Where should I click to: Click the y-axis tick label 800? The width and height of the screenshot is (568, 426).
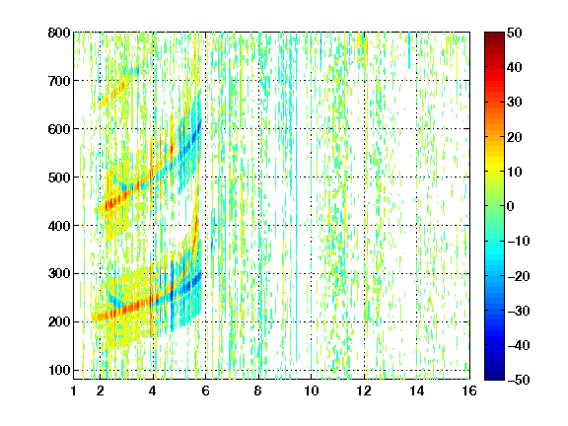click(59, 33)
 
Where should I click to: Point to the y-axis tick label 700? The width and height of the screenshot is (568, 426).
click(59, 81)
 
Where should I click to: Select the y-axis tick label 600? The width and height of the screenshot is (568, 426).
click(59, 129)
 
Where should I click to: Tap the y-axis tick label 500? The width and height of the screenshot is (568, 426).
click(59, 177)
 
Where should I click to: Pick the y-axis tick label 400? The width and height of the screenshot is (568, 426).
click(59, 226)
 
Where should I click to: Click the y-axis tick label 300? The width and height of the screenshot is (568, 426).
click(59, 273)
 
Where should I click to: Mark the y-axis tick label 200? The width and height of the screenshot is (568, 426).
click(59, 321)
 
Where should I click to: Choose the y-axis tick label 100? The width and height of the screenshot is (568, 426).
click(59, 370)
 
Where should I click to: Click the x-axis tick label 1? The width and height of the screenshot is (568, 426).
click(74, 390)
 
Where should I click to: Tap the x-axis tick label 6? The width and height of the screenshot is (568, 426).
click(206, 390)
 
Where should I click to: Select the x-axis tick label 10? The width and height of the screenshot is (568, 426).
click(312, 390)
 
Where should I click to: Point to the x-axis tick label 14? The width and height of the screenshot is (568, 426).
click(416, 390)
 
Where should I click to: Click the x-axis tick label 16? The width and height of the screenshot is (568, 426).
click(469, 390)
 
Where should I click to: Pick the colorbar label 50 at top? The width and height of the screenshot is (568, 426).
click(515, 33)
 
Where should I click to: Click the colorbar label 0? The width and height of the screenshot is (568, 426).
click(511, 206)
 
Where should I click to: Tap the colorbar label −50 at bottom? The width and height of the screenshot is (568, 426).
click(519, 380)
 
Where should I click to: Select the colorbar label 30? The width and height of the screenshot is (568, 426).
click(515, 103)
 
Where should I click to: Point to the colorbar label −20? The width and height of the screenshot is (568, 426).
click(519, 276)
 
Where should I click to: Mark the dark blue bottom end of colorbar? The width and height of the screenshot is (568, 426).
click(494, 377)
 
